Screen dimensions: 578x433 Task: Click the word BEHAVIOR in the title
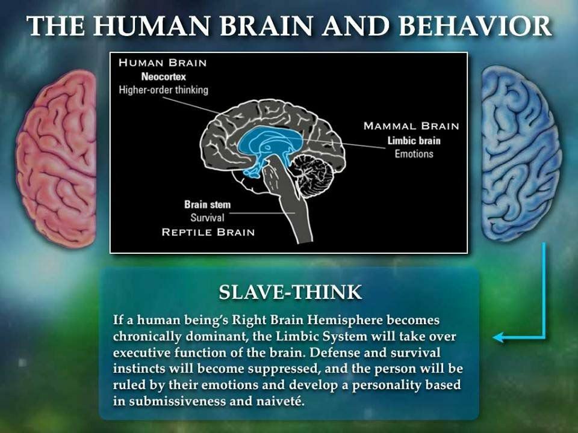point(475,26)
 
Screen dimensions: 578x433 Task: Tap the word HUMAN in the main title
point(152,26)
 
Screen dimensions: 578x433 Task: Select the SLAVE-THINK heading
point(290,292)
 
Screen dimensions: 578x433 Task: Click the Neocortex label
point(163,76)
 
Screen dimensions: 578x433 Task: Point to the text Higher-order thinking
point(163,90)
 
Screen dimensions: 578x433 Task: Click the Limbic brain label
point(414,141)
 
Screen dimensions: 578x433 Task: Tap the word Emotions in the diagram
point(414,153)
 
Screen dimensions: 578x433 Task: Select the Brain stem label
point(207,204)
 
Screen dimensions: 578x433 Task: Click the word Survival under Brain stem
point(207,218)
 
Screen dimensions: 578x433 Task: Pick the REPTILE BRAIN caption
point(208,232)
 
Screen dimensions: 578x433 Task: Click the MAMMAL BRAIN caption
point(411,126)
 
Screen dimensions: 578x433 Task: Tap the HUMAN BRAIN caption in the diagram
point(163,63)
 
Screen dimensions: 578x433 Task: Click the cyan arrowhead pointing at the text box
point(499,337)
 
